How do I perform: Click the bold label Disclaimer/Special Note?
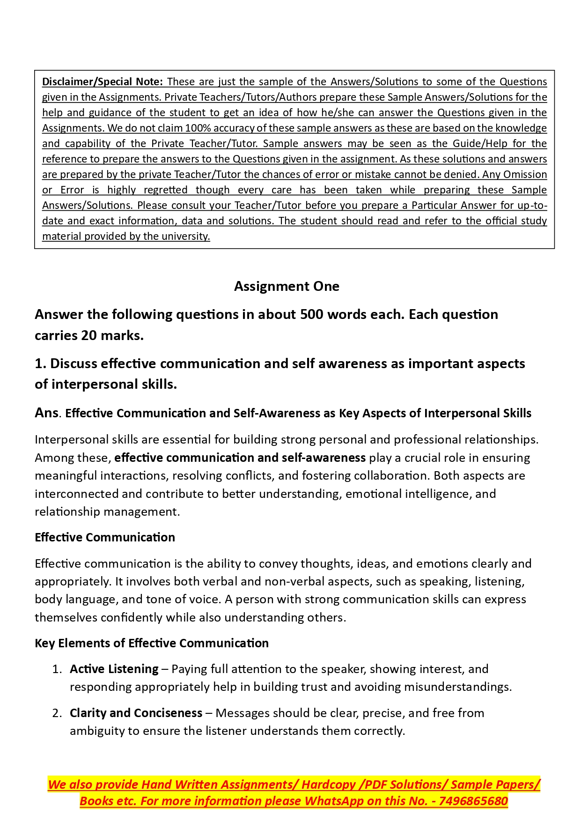click(x=102, y=81)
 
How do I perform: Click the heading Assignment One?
click(x=287, y=286)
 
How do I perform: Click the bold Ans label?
click(x=46, y=413)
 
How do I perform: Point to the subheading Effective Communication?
click(x=105, y=537)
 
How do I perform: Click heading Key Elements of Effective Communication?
click(x=152, y=643)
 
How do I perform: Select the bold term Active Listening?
click(x=114, y=669)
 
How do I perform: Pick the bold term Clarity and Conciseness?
click(x=136, y=713)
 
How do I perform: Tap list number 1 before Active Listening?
click(x=56, y=669)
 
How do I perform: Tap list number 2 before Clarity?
click(x=56, y=713)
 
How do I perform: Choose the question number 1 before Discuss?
click(x=39, y=363)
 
